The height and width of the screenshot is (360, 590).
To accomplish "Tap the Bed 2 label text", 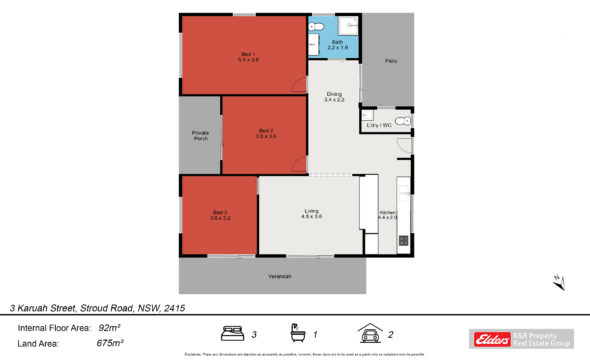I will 265,133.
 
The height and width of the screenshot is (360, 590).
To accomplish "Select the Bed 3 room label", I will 220,214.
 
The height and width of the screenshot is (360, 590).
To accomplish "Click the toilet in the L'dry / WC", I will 400,121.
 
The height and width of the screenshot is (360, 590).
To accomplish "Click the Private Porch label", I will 200,136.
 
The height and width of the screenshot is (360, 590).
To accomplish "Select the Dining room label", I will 333,97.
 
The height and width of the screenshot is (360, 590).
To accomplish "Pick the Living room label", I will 312,213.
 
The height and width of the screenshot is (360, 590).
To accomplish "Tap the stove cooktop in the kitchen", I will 402,241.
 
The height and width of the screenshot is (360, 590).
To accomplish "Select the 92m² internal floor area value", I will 108,327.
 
